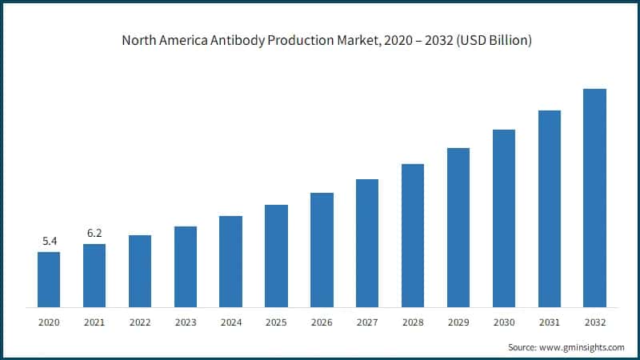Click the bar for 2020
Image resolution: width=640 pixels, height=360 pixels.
pyautogui.click(x=49, y=279)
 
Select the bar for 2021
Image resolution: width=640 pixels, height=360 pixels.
pyautogui.click(x=94, y=275)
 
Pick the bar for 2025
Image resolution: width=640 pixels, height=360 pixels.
pyautogui.click(x=276, y=255)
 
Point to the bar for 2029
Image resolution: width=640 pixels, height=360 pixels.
pyautogui.click(x=458, y=227)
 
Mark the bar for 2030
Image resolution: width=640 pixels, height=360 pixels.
pyautogui.click(x=504, y=218)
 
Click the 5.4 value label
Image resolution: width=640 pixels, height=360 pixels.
pyautogui.click(x=49, y=241)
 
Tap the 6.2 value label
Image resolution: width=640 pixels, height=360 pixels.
pyautogui.click(x=94, y=233)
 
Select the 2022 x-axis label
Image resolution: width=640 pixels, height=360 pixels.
pyautogui.click(x=140, y=322)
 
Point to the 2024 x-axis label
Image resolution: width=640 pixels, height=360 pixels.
pyautogui.click(x=230, y=322)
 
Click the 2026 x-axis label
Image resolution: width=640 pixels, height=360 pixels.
pyautogui.click(x=322, y=322)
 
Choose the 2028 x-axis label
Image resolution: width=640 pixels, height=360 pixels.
pyautogui.click(x=413, y=322)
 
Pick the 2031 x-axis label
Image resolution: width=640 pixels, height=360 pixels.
pyautogui.click(x=549, y=322)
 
